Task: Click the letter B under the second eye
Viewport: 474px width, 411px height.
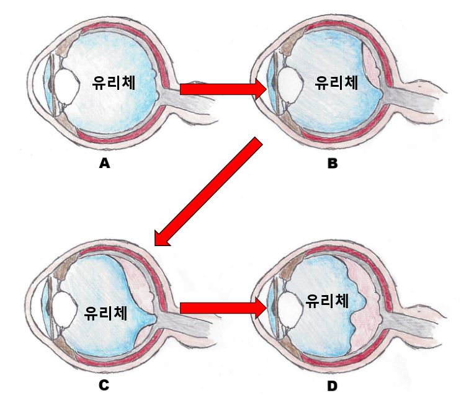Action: [x=333, y=164]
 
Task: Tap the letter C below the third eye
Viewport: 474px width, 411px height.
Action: [x=104, y=386]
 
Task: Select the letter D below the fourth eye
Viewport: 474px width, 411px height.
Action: [x=333, y=386]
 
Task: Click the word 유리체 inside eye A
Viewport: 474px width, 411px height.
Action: [x=115, y=83]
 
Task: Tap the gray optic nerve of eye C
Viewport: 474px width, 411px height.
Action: [x=180, y=322]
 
